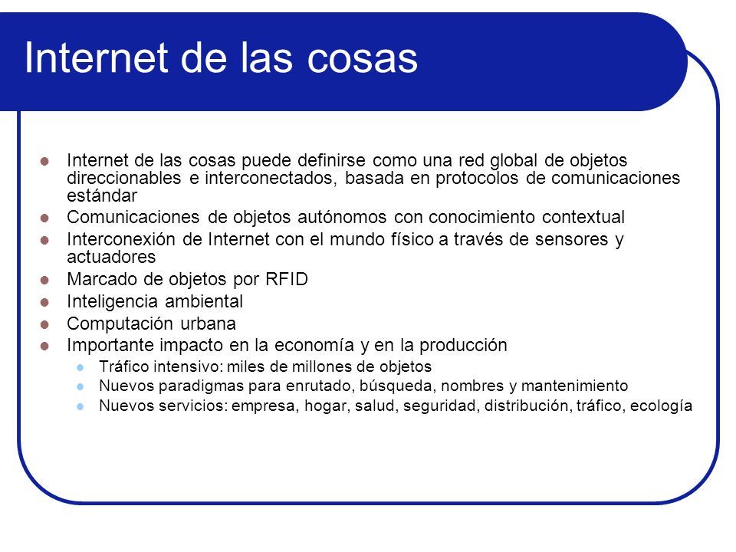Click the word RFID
pos(286,279)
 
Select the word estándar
pos(102,195)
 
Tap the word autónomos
pos(342,217)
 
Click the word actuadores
pos(111,258)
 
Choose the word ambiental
pos(204,301)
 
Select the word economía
pos(314,346)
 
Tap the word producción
pos(463,346)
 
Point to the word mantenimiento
pos(574,386)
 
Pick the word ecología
pos(661,406)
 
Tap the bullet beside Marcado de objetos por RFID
pos(44,281)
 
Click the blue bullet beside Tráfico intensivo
pos(80,367)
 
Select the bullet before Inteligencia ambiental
pos(44,302)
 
